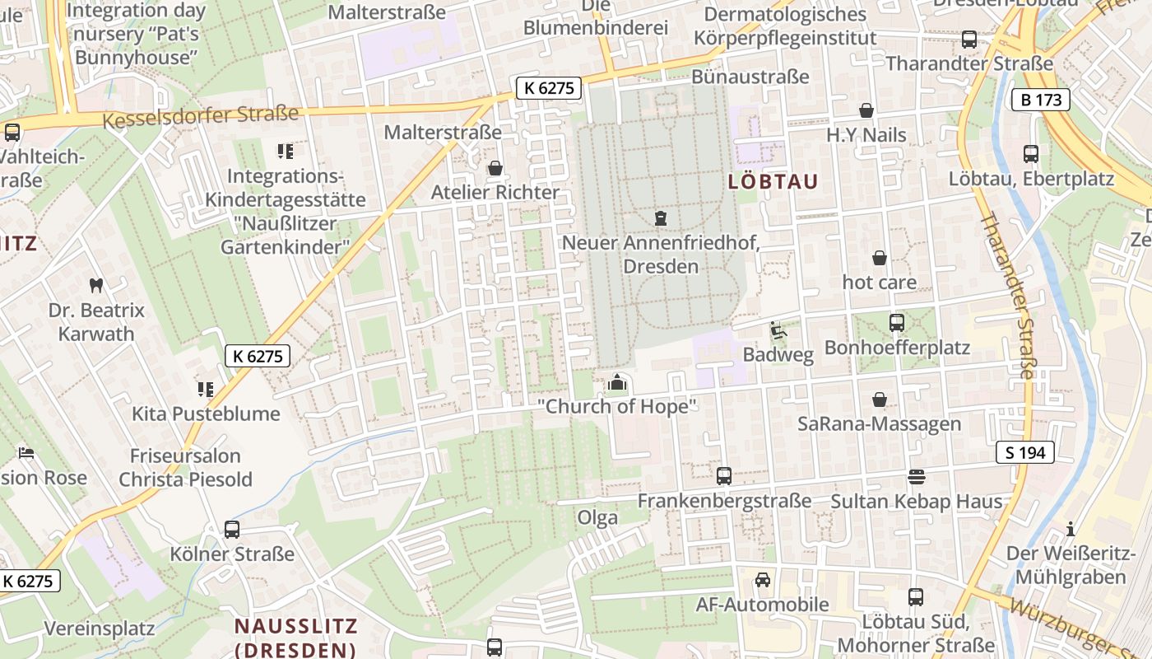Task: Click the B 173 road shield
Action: tap(1040, 100)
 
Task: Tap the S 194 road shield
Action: tap(1024, 452)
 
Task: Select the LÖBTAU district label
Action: tap(773, 182)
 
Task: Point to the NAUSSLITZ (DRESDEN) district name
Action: tap(296, 637)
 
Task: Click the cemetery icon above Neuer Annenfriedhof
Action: tap(660, 218)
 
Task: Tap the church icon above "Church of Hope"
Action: tap(617, 382)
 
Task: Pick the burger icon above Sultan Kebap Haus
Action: tap(916, 477)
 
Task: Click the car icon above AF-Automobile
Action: tap(763, 580)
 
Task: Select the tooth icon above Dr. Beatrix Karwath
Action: tap(96, 286)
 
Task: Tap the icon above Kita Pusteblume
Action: tap(205, 389)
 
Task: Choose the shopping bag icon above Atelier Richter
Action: tap(495, 168)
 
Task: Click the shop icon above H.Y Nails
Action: tap(866, 110)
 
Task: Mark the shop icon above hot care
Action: tap(880, 258)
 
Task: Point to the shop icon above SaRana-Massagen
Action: tap(880, 400)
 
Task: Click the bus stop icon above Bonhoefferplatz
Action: tap(897, 323)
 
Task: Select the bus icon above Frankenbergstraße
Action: tap(724, 476)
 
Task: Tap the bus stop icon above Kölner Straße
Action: tap(232, 530)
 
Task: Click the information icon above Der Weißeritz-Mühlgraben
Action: tap(1071, 528)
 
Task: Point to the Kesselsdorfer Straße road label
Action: tap(200, 116)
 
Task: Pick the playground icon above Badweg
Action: tap(778, 330)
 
